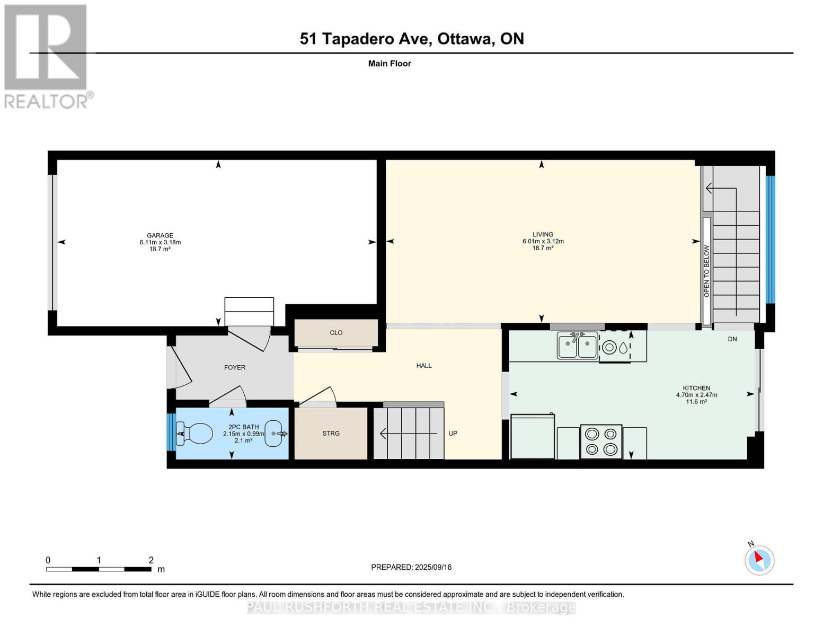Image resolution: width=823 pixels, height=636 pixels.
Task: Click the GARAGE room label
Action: click(x=160, y=235)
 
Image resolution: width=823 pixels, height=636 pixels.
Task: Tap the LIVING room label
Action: click(x=543, y=234)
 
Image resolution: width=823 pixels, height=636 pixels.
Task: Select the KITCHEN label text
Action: click(x=696, y=388)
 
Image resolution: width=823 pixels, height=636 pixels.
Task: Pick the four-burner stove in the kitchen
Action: click(x=601, y=441)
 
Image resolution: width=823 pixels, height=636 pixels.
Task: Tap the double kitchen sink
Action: click(x=577, y=344)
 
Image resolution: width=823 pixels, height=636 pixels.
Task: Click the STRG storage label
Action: click(x=331, y=434)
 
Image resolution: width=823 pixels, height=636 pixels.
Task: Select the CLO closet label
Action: click(x=336, y=333)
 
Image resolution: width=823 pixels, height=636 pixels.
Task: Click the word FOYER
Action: click(x=235, y=367)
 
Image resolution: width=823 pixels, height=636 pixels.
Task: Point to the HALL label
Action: click(x=424, y=366)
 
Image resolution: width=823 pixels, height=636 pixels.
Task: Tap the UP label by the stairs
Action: click(x=453, y=434)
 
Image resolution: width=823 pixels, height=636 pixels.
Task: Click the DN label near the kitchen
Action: click(x=732, y=339)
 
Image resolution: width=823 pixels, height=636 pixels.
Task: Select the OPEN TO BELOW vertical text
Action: click(x=706, y=271)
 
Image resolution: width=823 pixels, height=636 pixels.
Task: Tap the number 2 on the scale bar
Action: click(x=151, y=560)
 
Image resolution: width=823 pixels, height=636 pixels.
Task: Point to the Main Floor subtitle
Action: click(x=390, y=64)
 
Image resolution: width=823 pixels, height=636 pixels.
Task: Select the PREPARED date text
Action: click(x=411, y=567)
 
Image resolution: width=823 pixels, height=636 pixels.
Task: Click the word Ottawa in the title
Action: click(x=465, y=39)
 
